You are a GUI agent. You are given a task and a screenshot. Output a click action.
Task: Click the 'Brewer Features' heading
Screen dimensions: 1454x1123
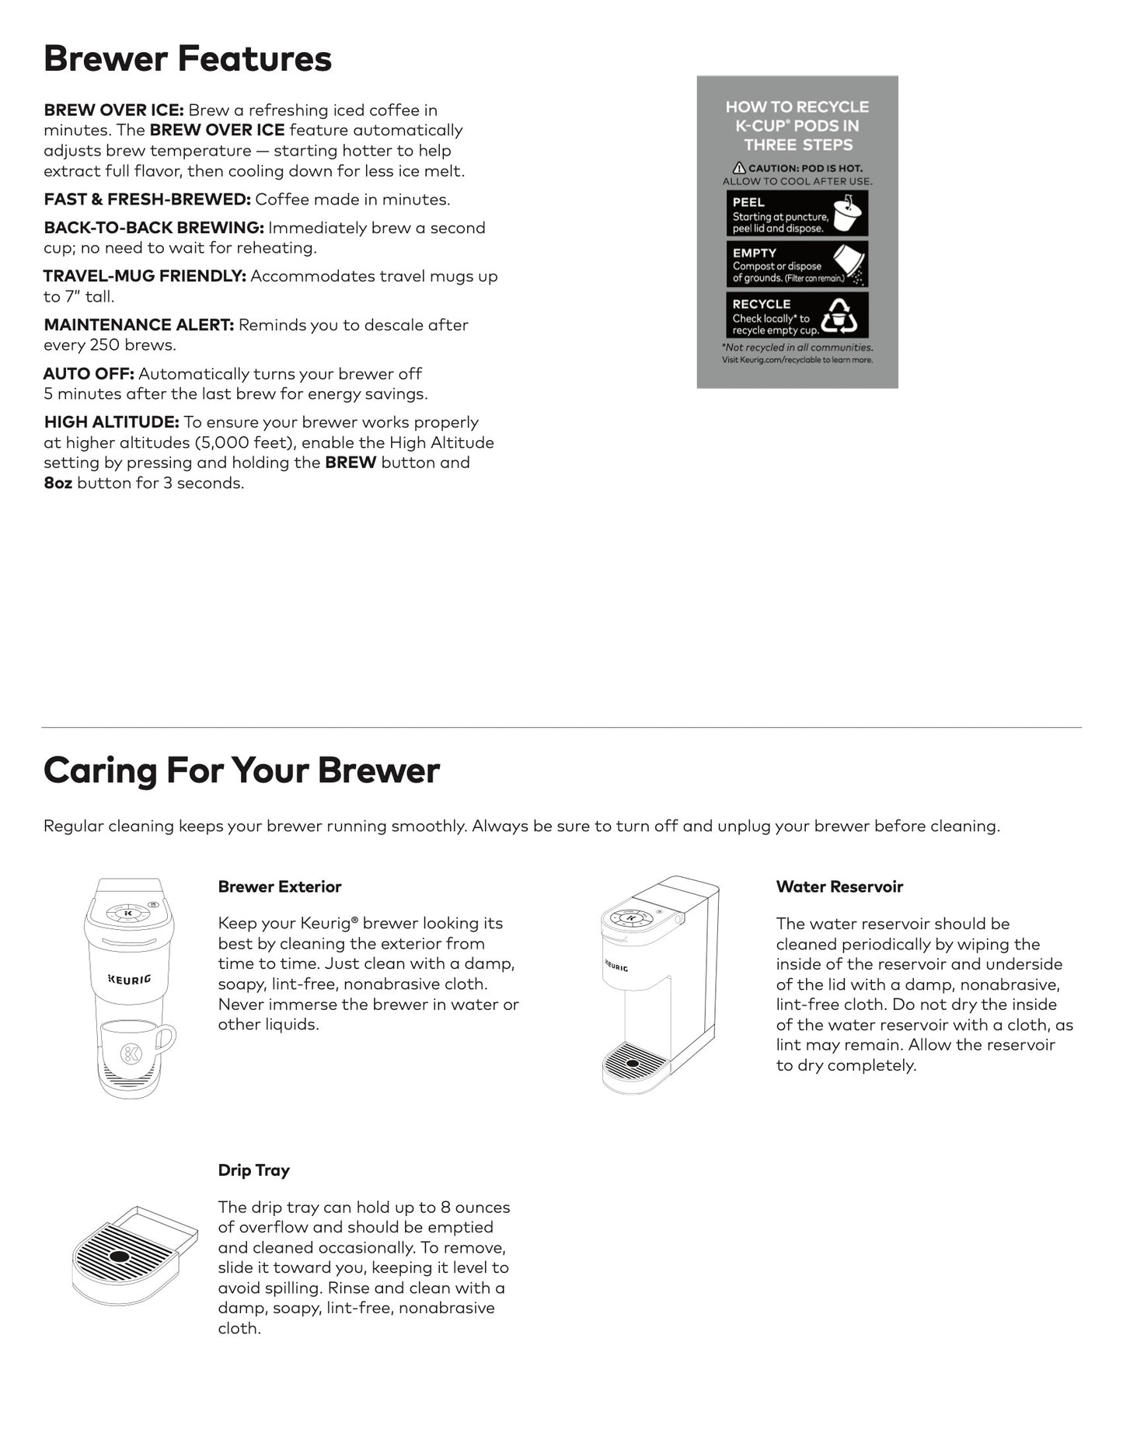click(x=187, y=59)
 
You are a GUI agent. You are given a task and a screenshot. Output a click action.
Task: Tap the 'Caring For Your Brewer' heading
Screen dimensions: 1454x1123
click(x=241, y=771)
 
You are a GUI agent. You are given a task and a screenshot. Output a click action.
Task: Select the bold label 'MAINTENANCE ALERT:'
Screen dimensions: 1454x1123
click(x=138, y=325)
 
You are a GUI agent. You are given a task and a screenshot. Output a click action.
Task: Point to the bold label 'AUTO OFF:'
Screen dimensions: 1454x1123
click(x=89, y=374)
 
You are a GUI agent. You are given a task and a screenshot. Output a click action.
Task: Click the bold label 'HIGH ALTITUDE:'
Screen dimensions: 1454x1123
click(x=111, y=422)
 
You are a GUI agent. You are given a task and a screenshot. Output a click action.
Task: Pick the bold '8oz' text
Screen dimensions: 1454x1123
click(x=58, y=483)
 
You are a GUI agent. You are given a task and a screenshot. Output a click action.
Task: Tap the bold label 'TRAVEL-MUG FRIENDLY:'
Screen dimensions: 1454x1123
click(x=145, y=276)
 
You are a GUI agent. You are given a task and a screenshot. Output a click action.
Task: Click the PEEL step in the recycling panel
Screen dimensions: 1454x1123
click(x=797, y=214)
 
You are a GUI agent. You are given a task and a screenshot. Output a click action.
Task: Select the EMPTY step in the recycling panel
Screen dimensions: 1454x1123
click(x=797, y=264)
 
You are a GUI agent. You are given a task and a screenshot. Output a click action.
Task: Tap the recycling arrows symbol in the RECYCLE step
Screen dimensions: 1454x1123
click(x=840, y=315)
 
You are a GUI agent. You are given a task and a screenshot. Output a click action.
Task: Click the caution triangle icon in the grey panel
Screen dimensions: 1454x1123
click(x=739, y=168)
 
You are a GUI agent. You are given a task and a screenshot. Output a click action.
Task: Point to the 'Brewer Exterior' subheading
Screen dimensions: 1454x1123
click(x=279, y=886)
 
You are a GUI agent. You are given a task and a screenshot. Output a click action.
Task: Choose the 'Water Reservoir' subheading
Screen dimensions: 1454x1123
click(x=839, y=886)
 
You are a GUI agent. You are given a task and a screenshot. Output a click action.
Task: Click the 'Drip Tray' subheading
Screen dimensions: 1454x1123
click(x=253, y=1170)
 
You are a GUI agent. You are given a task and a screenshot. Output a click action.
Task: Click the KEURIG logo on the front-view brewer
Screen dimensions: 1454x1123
click(x=129, y=979)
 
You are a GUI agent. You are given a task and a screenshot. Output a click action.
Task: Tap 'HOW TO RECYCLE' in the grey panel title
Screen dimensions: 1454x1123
click(x=797, y=107)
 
